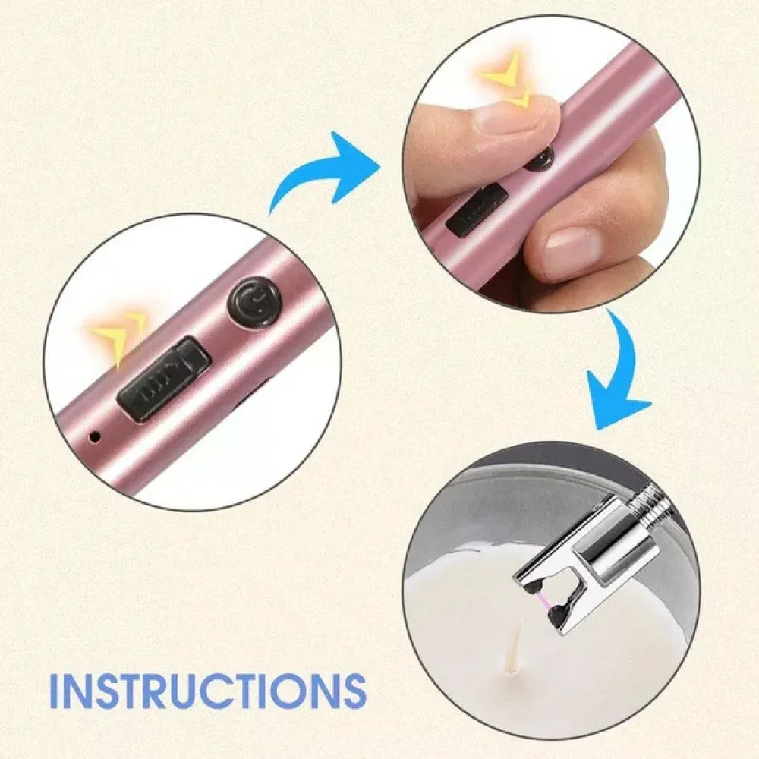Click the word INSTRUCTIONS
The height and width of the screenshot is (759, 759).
pos(208,689)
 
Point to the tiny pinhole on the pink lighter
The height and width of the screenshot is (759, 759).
pos(96,436)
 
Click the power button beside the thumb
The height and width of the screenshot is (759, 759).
pos(540,159)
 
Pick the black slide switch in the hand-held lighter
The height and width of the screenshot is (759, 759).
pos(477,208)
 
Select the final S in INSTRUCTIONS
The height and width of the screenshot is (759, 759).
pos(353,690)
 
